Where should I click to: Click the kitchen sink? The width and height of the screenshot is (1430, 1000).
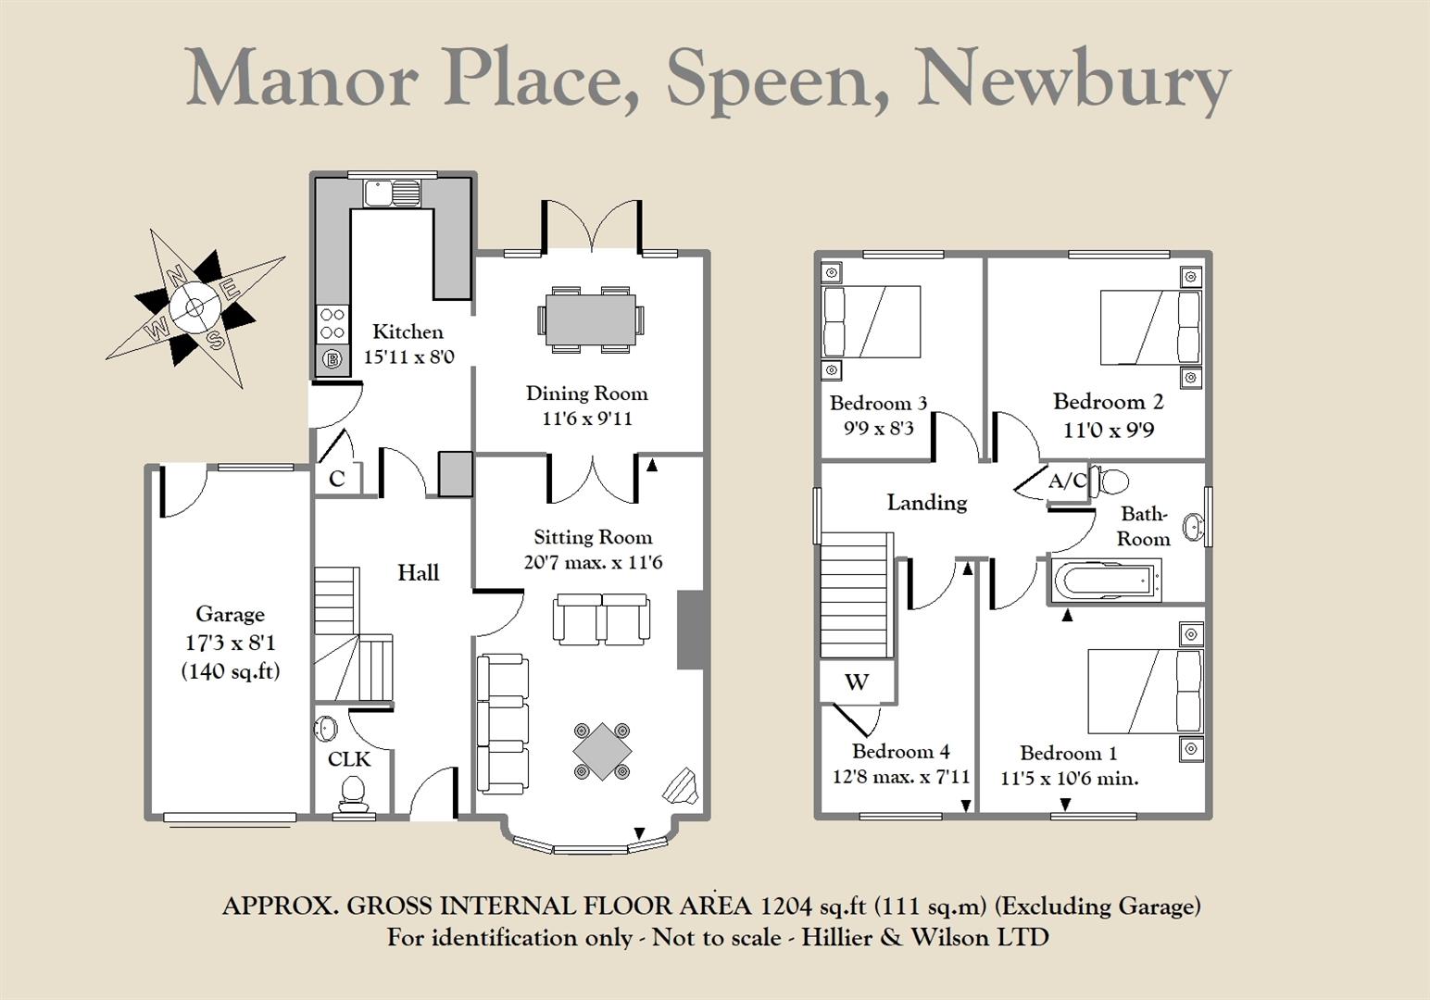click(392, 193)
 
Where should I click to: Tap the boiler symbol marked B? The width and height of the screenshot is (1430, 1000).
click(332, 359)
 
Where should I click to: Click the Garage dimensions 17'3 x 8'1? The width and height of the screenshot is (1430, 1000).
click(230, 643)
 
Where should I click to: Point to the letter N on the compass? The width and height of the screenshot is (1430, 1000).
click(176, 275)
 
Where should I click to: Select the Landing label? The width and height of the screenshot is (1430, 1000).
click(927, 503)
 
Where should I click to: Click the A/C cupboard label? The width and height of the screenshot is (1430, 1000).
click(1067, 481)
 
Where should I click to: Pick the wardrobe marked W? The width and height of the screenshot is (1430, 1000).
click(856, 681)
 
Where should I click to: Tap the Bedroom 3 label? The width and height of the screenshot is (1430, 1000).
click(878, 404)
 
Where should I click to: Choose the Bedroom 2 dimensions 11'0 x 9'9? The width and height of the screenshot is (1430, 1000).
click(1109, 431)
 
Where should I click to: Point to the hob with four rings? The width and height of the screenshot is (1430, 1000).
click(332, 323)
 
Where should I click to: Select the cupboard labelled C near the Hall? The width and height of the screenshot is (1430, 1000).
click(336, 478)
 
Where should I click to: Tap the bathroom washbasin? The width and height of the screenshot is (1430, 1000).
click(1193, 527)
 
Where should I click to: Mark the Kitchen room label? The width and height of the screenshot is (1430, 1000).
click(408, 331)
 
